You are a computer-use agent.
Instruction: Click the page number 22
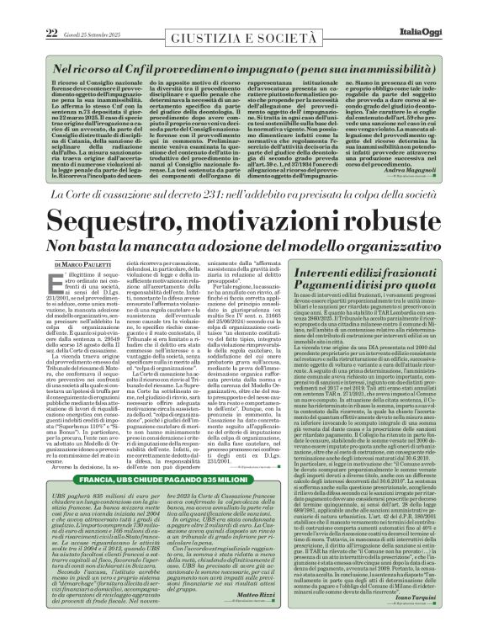point(26,9)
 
